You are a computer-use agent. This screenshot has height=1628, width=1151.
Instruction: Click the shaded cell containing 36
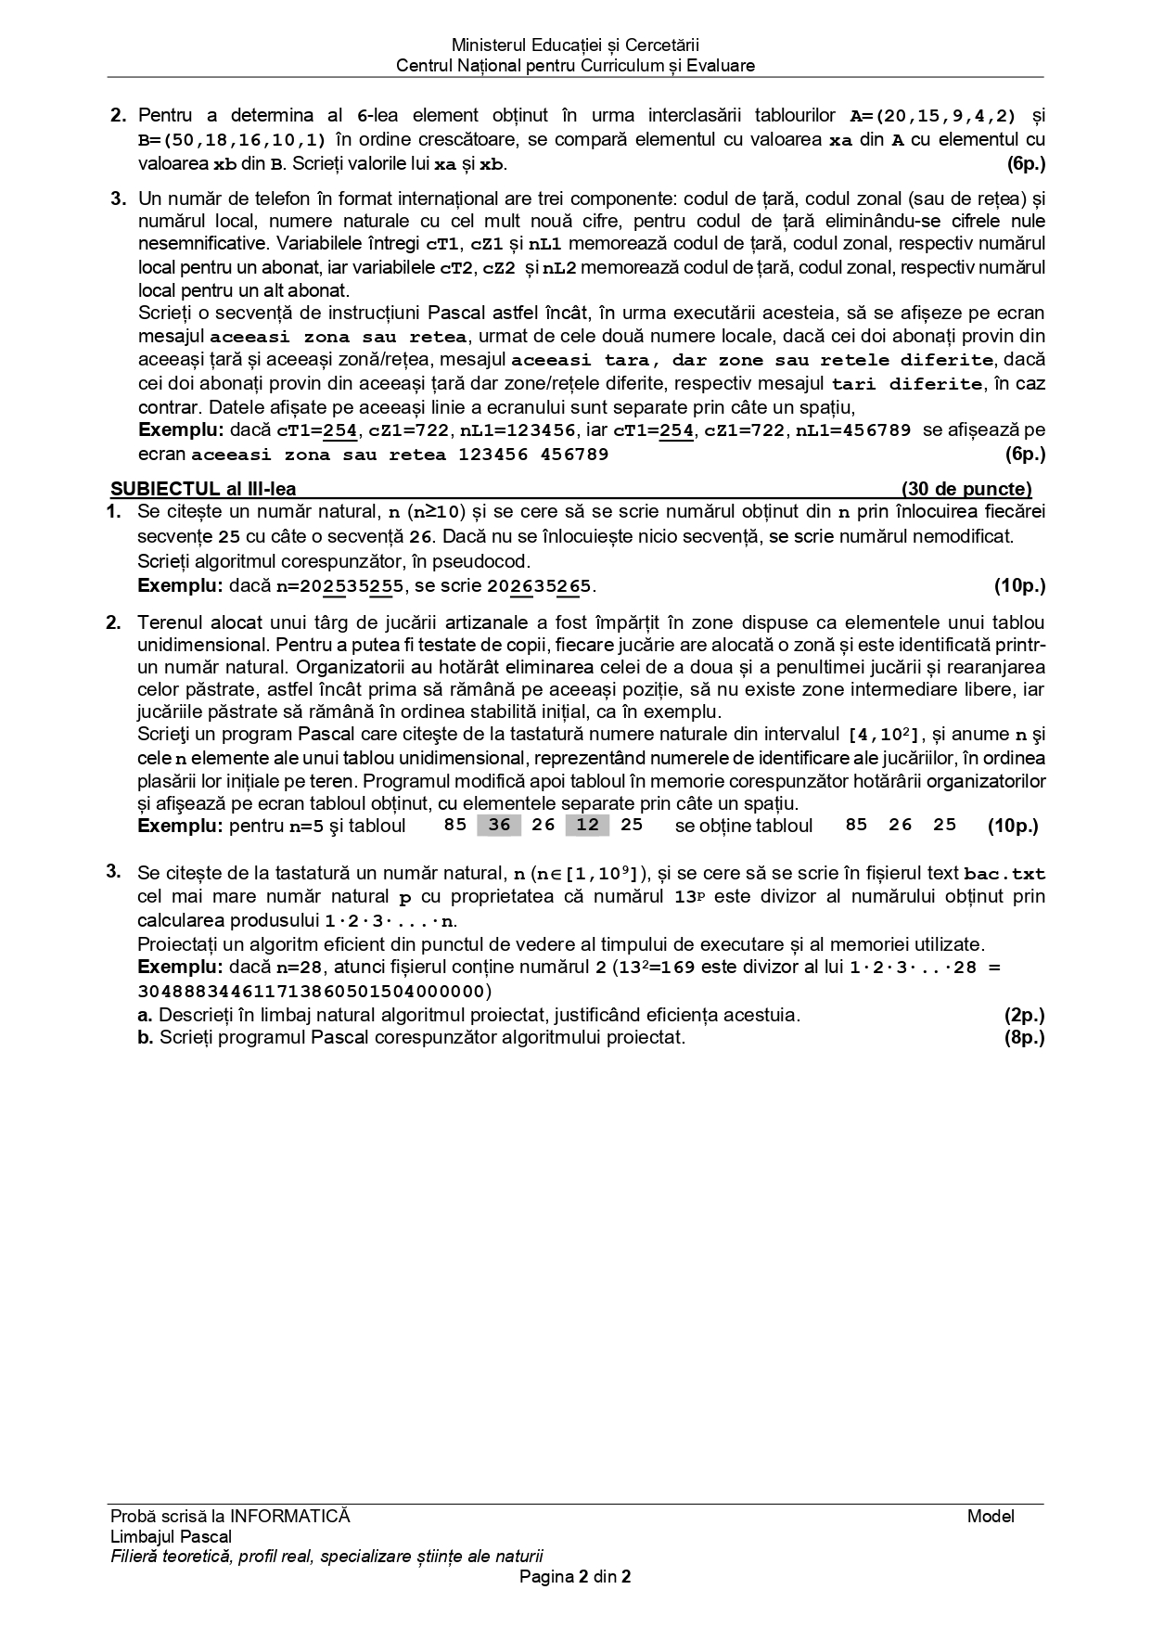click(499, 825)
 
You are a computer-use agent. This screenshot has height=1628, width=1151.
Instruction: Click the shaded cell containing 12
click(587, 825)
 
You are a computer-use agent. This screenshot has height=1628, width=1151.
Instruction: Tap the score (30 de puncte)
click(966, 489)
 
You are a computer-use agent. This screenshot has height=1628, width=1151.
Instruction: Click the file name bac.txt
click(1004, 874)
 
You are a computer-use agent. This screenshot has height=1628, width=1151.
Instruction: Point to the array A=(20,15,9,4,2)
click(933, 116)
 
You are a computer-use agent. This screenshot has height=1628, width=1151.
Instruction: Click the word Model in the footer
click(991, 1517)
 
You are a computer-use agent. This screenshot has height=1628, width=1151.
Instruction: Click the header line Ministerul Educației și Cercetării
click(575, 45)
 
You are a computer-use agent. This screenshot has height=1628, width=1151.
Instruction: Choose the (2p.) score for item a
click(1024, 1015)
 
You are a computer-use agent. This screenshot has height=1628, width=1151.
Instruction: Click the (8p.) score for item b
click(1024, 1037)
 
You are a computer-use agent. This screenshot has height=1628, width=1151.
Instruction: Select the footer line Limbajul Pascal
click(171, 1537)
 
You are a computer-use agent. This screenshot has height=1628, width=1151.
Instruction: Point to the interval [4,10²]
click(882, 736)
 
